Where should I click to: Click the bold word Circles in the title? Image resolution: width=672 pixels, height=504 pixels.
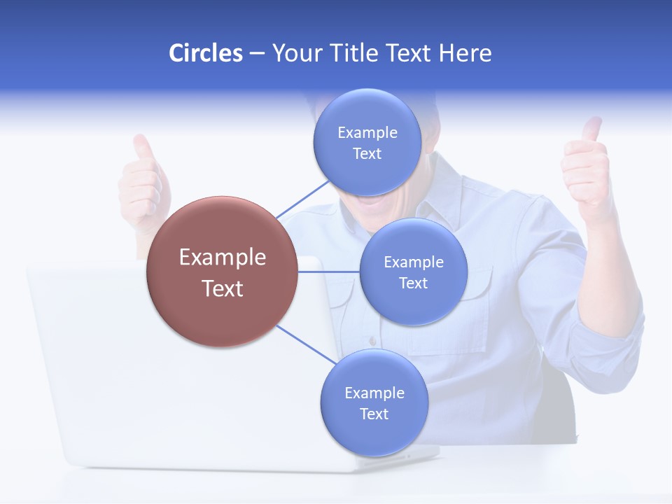(205, 53)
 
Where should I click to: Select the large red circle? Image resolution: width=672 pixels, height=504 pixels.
(222, 272)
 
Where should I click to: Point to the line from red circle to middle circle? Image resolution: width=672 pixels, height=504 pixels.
(328, 272)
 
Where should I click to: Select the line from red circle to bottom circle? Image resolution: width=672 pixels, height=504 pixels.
(305, 344)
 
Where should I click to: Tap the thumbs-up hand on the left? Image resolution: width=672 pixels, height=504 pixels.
(143, 182)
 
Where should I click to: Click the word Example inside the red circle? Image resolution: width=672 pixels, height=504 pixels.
(222, 257)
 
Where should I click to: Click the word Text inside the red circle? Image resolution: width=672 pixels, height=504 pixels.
(222, 288)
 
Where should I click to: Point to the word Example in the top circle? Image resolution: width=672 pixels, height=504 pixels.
(367, 133)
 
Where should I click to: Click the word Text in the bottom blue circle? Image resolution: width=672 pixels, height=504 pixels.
(374, 414)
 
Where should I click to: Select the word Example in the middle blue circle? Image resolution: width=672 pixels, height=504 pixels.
(413, 262)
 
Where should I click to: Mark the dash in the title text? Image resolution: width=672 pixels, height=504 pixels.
(256, 54)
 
